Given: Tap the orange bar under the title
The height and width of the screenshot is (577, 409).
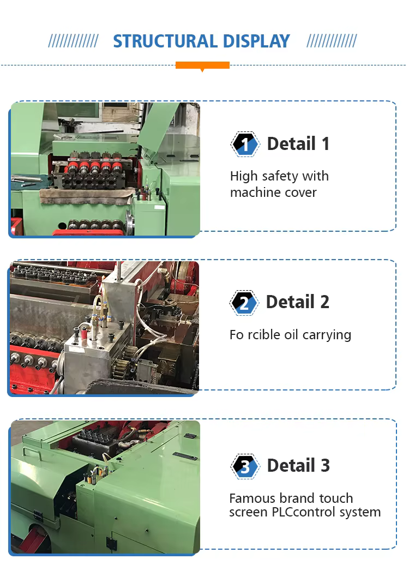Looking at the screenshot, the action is [x=203, y=65].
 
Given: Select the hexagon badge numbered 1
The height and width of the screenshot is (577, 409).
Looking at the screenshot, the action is [x=245, y=144].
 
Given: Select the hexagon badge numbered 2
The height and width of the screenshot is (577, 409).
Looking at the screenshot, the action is [x=244, y=303].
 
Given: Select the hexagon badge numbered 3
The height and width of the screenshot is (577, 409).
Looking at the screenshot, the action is [x=245, y=466].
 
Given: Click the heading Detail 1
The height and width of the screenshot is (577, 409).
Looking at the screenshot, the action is [x=298, y=143].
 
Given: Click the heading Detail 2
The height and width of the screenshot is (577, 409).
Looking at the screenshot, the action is [x=298, y=302].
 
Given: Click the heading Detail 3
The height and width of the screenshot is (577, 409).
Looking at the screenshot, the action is [x=298, y=466].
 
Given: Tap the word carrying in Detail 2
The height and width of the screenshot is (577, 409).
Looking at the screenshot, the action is [x=327, y=335].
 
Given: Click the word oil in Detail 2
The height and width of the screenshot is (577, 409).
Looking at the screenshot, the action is [x=291, y=334].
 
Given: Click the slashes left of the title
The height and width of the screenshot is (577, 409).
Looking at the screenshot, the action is [x=73, y=41].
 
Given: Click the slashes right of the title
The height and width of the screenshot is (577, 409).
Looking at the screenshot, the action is [x=332, y=41].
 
